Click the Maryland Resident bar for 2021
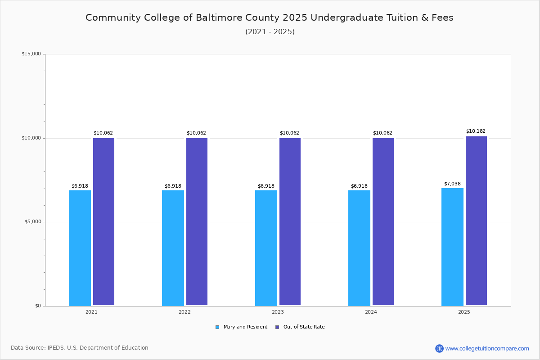80,248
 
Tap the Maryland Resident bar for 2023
266,248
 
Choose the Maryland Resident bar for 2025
452,247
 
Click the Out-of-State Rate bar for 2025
476,221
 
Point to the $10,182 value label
476,131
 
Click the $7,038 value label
452,184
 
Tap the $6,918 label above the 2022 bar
173,186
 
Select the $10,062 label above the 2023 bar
289,133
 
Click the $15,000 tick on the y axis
31,54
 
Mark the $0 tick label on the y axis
38,306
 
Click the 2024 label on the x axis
371,312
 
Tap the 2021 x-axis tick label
91,312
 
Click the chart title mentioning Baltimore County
270,18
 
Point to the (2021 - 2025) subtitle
270,32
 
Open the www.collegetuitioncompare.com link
487,348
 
